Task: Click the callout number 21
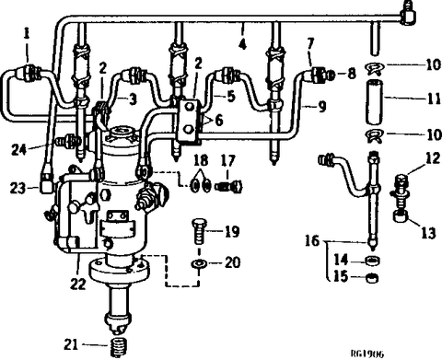point(71,344)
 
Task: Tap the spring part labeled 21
point(119,347)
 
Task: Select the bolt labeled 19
point(199,230)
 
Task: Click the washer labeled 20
point(200,263)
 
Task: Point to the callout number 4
point(242,45)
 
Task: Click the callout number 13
point(428,233)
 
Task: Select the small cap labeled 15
point(373,278)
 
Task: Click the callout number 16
point(312,241)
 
